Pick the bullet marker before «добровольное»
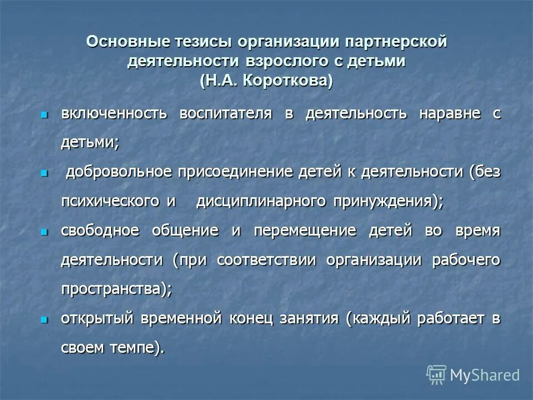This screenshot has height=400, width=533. click(44, 173)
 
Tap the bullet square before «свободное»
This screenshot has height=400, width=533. click(44, 231)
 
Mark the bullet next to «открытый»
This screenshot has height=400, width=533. click(44, 319)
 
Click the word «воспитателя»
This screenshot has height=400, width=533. click(234, 114)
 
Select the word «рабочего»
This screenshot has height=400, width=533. click(466, 259)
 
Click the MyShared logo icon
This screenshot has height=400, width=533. click(436, 375)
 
